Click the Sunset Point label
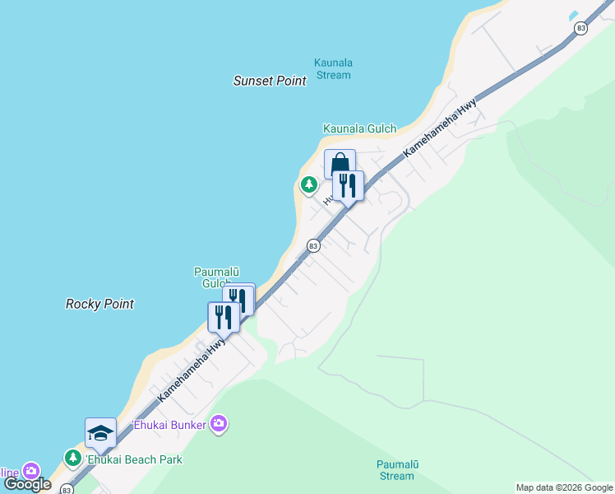270,81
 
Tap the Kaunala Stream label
333,68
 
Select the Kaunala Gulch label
359,128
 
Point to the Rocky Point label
99,304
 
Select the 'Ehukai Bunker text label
169,425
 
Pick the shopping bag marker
340,165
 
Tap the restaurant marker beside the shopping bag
348,185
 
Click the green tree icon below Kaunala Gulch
308,185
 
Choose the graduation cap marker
101,433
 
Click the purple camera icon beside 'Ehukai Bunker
219,424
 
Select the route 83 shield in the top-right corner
581,28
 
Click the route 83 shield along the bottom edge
67,489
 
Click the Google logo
27,484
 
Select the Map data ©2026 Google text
564,487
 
